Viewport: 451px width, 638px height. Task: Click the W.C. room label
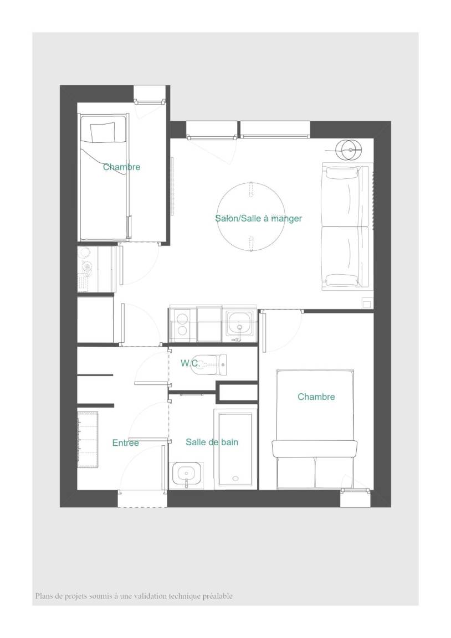tap(190, 363)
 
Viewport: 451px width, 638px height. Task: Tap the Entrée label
tap(125, 443)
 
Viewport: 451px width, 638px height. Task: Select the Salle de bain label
tap(212, 442)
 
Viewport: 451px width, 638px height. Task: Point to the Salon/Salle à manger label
tap(259, 219)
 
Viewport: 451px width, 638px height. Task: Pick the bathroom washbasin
tap(186, 475)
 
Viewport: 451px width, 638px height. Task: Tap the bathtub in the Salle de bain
tap(235, 449)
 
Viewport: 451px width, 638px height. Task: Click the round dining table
tap(250, 217)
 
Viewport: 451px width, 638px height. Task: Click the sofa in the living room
tap(347, 226)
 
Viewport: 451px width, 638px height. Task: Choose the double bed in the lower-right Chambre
tap(315, 429)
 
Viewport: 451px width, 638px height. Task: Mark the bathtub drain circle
tap(235, 478)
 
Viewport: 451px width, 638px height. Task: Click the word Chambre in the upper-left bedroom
tap(121, 167)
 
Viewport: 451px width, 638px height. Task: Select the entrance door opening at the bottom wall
tap(142, 499)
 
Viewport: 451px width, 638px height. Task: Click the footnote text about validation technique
tap(134, 596)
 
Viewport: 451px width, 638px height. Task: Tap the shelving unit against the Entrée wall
tap(88, 439)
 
